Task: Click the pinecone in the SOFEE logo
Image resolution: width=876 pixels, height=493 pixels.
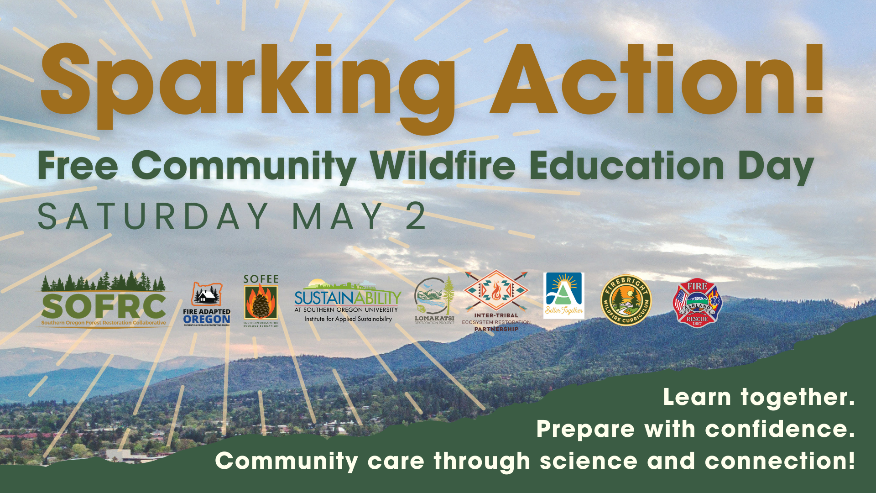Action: click(261, 303)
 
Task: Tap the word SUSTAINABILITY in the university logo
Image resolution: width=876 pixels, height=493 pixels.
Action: click(348, 298)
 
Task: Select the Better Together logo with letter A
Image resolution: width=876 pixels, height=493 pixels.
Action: click(564, 295)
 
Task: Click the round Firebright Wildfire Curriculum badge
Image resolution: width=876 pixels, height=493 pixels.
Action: click(626, 300)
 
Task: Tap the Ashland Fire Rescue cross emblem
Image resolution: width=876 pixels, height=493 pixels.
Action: click(697, 303)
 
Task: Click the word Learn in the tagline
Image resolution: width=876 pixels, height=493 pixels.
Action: click(697, 397)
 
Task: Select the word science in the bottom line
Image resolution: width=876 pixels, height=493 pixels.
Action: click(589, 461)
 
